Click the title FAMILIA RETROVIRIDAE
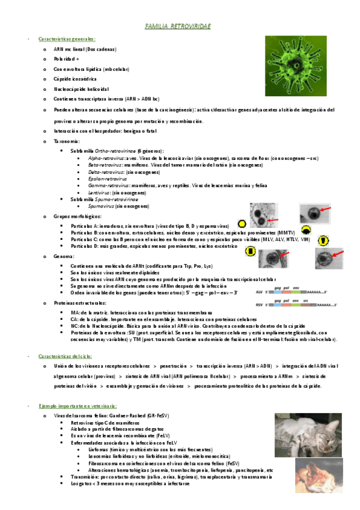coord(178,27)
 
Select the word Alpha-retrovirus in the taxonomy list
coord(102,157)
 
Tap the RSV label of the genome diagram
coord(259,306)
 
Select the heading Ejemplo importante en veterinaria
coord(77,407)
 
